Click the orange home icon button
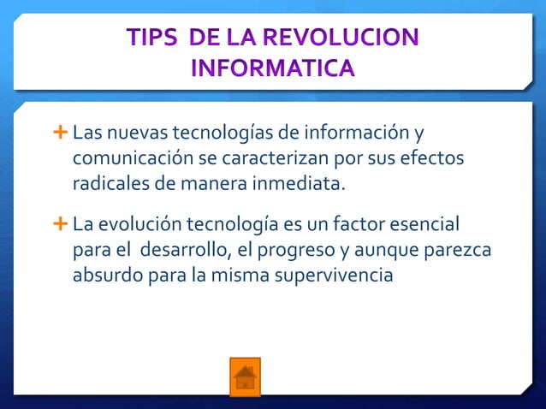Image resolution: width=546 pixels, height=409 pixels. coord(245,376)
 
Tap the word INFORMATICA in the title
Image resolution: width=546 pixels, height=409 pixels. coord(272,67)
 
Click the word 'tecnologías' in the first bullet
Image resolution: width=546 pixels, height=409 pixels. coord(222,135)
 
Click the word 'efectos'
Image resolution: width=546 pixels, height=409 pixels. coord(432,159)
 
